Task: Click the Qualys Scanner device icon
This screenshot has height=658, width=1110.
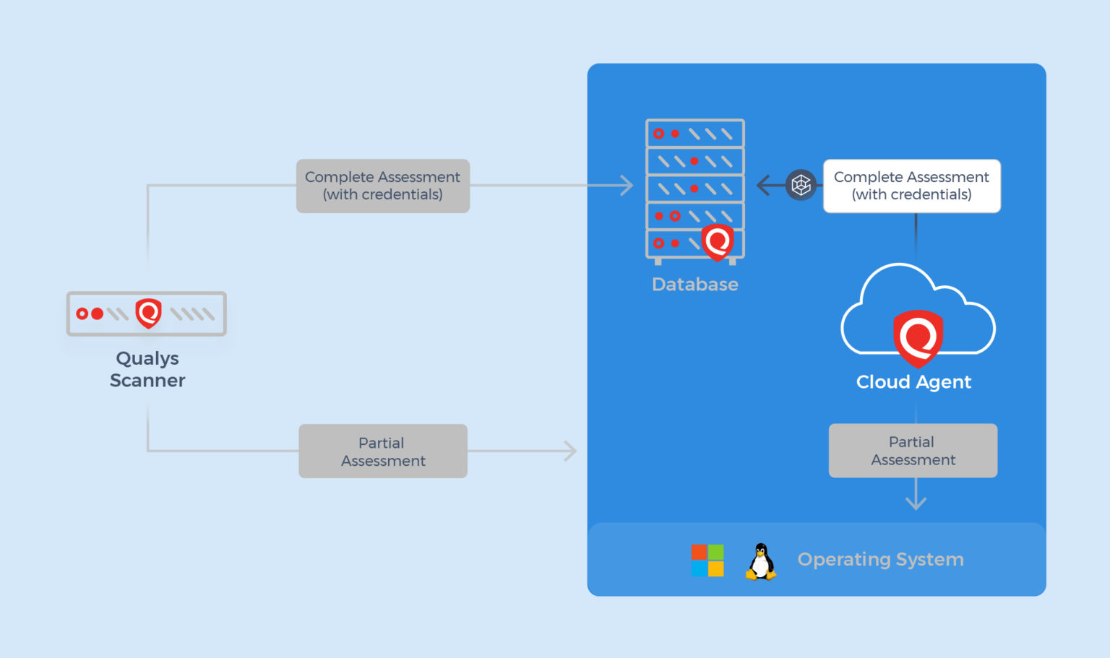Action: point(147,313)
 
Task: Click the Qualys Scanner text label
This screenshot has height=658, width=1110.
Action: point(147,369)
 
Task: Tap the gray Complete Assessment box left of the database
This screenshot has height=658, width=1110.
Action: point(382,186)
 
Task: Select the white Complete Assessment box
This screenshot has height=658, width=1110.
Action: point(911,186)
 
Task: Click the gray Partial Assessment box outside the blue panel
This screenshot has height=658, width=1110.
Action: point(382,451)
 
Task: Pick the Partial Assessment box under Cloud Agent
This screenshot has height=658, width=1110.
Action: point(913,451)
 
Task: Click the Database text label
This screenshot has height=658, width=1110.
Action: point(694,285)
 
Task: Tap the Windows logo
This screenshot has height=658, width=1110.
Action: point(707,560)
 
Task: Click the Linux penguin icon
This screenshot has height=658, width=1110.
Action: point(761,561)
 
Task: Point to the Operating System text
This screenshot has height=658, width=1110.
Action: point(880,560)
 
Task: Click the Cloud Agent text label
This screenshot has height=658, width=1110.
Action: point(913,382)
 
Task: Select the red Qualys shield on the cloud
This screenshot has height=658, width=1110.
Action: point(918,337)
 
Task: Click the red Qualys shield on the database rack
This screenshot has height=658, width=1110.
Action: point(718,242)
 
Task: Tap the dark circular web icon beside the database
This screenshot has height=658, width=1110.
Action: point(801,186)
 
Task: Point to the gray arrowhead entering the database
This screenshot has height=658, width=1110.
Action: point(627,186)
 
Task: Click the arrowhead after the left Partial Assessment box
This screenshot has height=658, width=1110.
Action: point(570,451)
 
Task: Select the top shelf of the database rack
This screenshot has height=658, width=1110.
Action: point(694,134)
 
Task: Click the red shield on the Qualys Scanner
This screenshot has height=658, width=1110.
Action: point(148,313)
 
